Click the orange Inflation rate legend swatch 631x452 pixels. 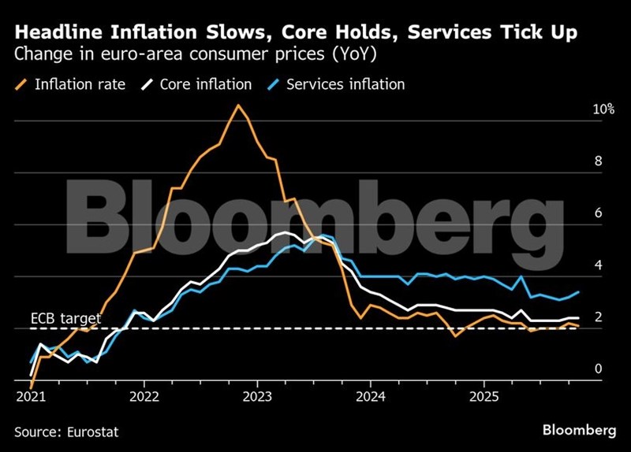click(x=21, y=83)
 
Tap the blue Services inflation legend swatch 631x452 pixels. click(x=272, y=83)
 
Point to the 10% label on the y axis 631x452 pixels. click(x=603, y=109)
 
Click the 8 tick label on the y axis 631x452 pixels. click(x=598, y=161)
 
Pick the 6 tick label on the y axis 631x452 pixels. click(x=598, y=213)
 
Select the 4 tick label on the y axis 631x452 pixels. click(x=598, y=265)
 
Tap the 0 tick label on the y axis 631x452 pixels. click(x=598, y=369)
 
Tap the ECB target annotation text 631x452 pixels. click(x=66, y=318)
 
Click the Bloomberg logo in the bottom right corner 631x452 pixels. click(x=580, y=429)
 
